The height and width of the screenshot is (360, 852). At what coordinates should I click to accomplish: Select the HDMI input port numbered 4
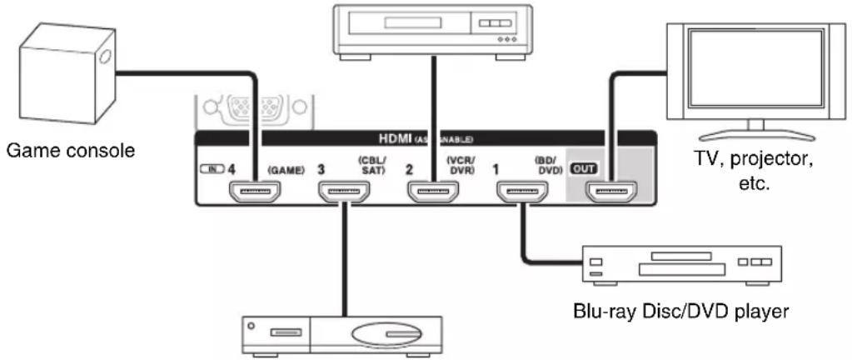coord(253,192)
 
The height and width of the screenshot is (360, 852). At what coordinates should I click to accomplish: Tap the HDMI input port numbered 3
coord(342,192)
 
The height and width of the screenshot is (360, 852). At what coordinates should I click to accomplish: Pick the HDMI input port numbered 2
coord(432,192)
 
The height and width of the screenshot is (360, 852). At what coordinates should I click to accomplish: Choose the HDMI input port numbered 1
coord(521,192)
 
